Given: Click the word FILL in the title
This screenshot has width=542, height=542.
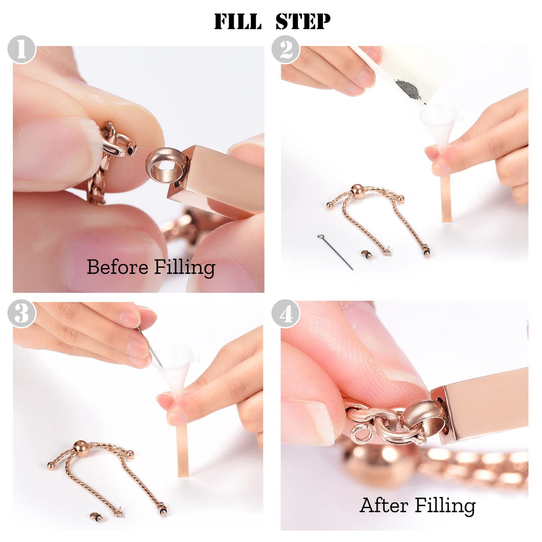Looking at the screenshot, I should tap(238, 21).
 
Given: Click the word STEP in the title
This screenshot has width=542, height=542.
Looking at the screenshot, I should tap(303, 21).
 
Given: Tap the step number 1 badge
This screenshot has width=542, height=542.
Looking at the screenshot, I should tap(21, 50).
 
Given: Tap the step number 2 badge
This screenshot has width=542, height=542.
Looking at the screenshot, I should tap(286, 50).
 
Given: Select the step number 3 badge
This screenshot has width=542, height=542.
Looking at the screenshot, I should tap(21, 314).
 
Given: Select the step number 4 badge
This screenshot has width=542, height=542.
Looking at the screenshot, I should tap(286, 314).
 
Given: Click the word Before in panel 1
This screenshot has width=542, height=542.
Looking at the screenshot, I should tap(117, 267).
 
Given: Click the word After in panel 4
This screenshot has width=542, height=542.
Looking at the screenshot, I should tap(384, 505).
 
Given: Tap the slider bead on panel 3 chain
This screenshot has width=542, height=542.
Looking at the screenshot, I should tap(81, 446).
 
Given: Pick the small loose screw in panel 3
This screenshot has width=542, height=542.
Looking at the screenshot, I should tap(94, 515).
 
